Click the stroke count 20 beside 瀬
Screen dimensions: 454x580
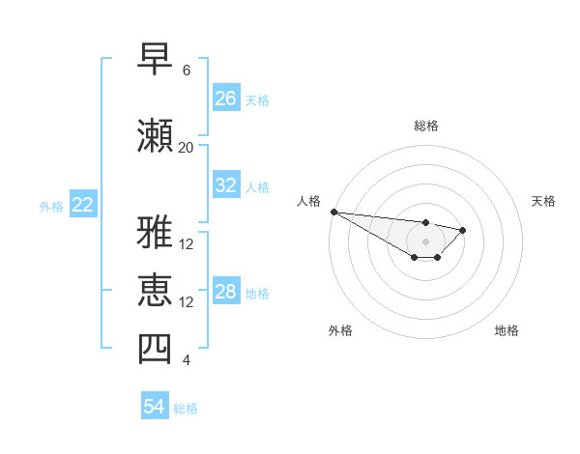[x=186, y=148]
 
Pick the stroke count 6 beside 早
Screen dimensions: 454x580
[x=186, y=71]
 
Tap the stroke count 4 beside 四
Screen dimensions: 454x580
[x=186, y=361]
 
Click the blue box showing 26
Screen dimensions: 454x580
[x=226, y=98]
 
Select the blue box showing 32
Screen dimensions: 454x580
[x=226, y=185]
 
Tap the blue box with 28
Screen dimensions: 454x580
[x=226, y=292]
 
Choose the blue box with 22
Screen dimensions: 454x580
[x=83, y=205]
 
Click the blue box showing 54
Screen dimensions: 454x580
[x=155, y=407]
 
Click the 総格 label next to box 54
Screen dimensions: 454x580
[x=186, y=409]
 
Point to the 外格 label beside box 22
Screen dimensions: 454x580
[x=51, y=206]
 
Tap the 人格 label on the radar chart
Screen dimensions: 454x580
[x=309, y=201]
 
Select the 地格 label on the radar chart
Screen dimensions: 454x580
[x=507, y=330]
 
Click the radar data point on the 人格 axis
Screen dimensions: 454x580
[x=333, y=212]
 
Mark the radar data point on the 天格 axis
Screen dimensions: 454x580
[x=463, y=230]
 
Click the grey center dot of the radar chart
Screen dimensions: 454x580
[x=425, y=241]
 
